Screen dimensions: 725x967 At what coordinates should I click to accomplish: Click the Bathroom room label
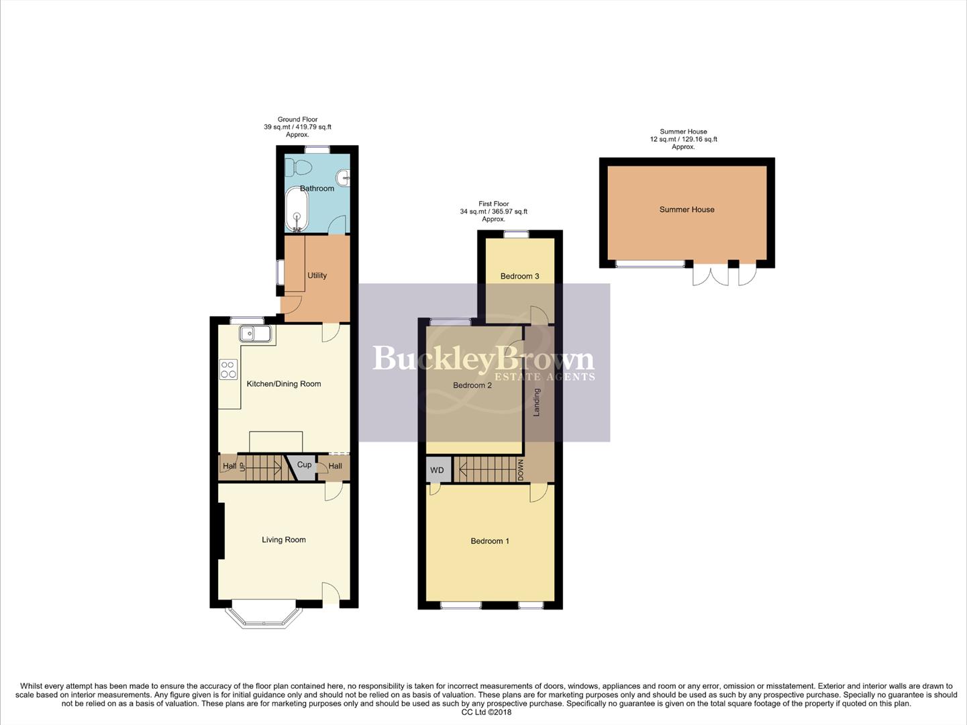[x=317, y=189]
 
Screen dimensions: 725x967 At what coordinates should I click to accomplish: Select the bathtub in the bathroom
[x=296, y=209]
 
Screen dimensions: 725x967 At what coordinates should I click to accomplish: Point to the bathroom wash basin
[x=344, y=178]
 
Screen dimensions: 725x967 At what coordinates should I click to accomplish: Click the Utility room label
[x=317, y=275]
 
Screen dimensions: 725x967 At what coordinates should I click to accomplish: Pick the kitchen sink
[x=254, y=334]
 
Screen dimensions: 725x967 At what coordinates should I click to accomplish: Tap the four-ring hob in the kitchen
[x=228, y=369]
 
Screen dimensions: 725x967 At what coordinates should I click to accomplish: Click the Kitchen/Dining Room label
[x=284, y=384]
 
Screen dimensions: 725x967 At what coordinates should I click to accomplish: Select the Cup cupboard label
[x=304, y=465]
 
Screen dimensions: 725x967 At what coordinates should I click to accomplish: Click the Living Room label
[x=284, y=540]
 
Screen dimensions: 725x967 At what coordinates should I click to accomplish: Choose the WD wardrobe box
[x=437, y=470]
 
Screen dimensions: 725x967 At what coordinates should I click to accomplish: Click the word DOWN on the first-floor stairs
[x=521, y=469]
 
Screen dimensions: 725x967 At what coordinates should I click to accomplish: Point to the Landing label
[x=537, y=402]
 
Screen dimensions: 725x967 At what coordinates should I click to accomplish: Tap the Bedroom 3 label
[x=519, y=276]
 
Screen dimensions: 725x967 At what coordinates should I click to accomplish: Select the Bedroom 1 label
[x=490, y=541]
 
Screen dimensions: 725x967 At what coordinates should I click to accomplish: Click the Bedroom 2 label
[x=472, y=385]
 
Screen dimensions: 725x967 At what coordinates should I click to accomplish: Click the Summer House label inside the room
[x=686, y=209]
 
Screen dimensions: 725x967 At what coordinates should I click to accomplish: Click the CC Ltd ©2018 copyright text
[x=487, y=712]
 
